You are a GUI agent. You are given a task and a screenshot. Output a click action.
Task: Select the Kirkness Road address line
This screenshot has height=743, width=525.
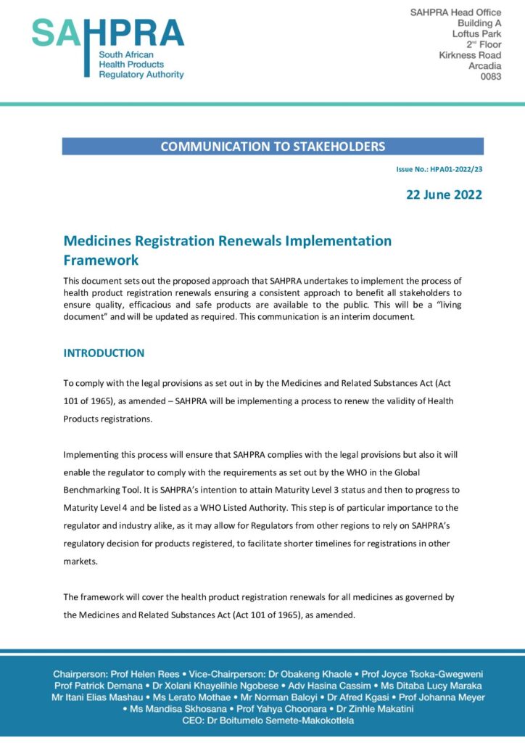(x=470, y=55)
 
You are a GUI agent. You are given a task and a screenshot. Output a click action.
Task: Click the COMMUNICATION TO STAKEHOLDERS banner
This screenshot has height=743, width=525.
(x=273, y=147)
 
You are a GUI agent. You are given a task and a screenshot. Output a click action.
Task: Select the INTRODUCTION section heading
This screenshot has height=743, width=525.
(x=104, y=353)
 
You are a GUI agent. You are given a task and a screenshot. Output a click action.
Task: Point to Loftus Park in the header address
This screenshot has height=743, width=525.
(x=476, y=33)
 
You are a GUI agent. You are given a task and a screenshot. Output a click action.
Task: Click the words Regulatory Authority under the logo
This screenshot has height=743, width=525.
(x=141, y=74)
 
